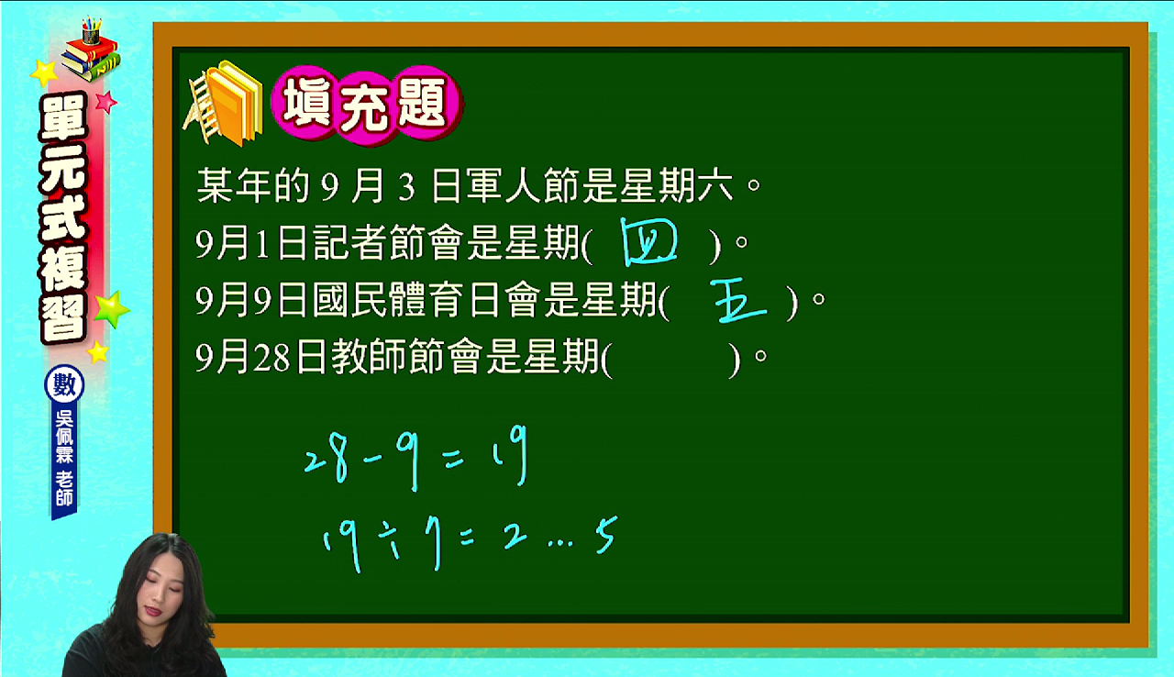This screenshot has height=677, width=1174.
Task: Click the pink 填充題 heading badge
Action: tap(367, 105)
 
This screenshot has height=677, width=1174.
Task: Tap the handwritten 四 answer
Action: tap(648, 242)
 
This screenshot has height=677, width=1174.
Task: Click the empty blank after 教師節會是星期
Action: tap(670, 360)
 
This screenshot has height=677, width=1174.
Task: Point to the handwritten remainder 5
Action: tap(607, 535)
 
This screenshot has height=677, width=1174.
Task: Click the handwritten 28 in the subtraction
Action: tap(326, 461)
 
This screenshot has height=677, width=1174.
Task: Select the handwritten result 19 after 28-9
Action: tap(511, 456)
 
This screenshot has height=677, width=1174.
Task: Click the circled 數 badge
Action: tap(64, 385)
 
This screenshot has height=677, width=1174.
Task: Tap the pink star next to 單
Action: tap(106, 102)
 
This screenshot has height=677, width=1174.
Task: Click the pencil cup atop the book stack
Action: tap(91, 30)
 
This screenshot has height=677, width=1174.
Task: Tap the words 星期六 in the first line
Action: tap(677, 185)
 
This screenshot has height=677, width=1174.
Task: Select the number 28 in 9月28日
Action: tap(271, 360)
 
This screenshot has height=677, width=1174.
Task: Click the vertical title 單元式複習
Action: tap(64, 218)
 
